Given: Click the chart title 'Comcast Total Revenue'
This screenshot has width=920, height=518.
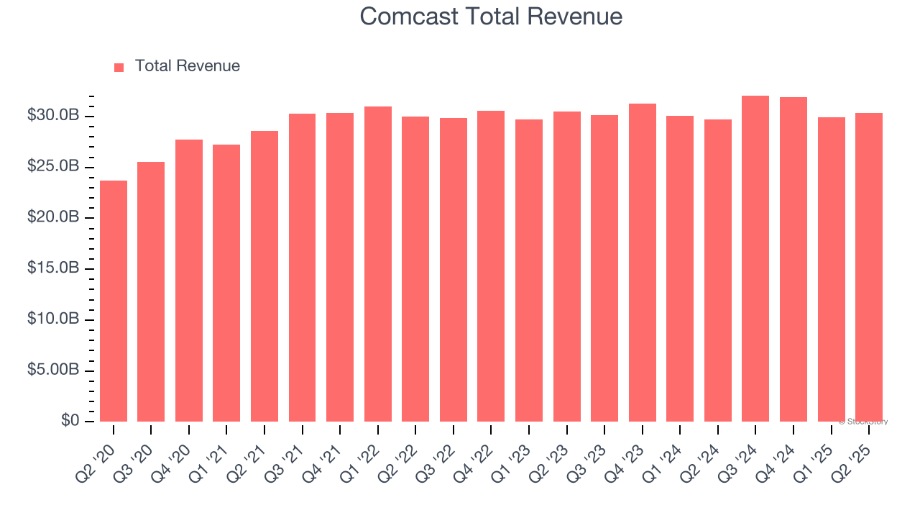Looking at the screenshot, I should [491, 16].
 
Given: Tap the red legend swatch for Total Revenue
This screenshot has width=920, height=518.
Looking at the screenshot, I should [119, 67].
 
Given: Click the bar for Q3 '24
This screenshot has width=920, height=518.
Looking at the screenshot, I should [755, 258].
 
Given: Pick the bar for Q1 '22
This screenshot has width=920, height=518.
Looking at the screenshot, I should [377, 264].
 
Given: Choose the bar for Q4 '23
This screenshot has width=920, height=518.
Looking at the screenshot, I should [642, 263].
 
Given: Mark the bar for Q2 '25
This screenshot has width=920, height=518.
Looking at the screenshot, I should [868, 267].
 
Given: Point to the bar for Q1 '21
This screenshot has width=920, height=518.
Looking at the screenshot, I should [226, 283].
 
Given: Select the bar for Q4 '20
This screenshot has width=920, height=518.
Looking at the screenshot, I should [189, 281].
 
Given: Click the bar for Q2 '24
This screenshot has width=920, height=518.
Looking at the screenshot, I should [717, 271].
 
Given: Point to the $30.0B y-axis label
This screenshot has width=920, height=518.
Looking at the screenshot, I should [52, 116].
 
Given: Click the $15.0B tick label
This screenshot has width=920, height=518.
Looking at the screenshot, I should [52, 268].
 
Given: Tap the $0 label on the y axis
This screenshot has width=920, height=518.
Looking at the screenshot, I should [70, 421].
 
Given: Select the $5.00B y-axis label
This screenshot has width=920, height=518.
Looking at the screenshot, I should [52, 370].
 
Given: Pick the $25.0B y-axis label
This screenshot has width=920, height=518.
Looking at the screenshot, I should [52, 167].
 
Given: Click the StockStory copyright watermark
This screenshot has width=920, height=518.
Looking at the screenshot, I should [863, 422].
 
